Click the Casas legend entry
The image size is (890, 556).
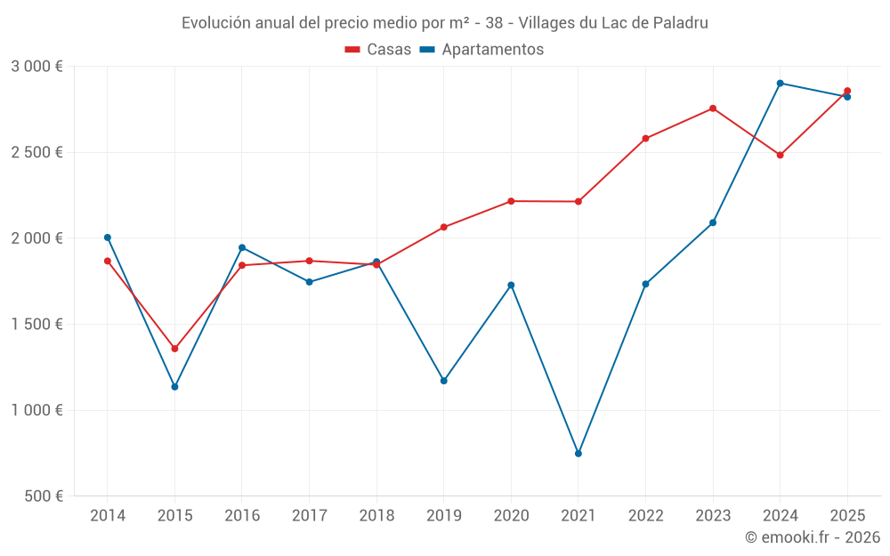coord(378,50)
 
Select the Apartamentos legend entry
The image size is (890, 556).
coord(481,50)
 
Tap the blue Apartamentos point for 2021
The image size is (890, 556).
coord(578,454)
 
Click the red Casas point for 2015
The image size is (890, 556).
coord(174,349)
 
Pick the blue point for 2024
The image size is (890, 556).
coord(780,83)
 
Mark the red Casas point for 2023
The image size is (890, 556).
coord(713,109)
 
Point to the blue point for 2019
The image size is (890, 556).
coord(444,381)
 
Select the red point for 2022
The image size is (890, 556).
coord(645,139)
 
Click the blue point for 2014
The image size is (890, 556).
coord(108,238)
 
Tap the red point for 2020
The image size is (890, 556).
coord(511,201)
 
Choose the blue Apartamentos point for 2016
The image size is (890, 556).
coord(242,247)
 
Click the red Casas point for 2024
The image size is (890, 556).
coord(780,155)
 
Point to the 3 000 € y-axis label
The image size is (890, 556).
coord(36,67)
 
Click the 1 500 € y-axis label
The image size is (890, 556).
coord(36,325)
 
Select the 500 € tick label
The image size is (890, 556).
coord(43,496)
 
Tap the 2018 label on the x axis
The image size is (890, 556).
coord(376,515)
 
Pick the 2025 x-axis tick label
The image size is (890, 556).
coord(846,515)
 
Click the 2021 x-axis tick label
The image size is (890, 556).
coord(578,515)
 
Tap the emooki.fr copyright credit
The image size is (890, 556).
coord(813,537)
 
